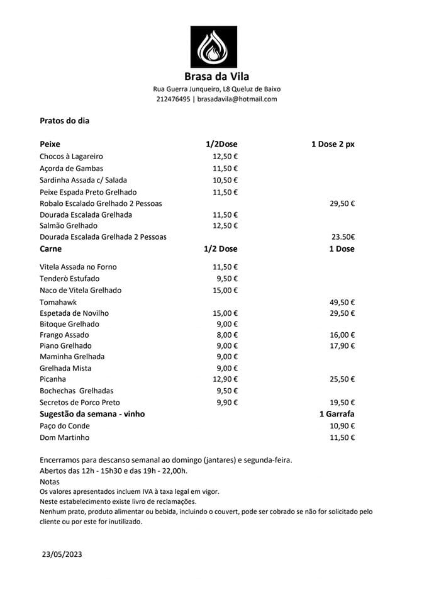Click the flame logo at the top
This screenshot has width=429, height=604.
click(x=214, y=47)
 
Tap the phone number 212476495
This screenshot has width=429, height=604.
click(x=173, y=99)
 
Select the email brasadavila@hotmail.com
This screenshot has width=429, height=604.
click(x=237, y=99)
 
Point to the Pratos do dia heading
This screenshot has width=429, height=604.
click(x=64, y=121)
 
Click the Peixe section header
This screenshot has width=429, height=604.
click(x=50, y=144)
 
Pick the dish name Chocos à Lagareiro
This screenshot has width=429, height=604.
click(x=71, y=156)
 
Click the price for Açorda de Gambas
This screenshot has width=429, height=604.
click(x=225, y=169)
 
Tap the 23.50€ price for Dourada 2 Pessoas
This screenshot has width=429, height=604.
click(x=343, y=237)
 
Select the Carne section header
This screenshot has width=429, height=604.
click(x=50, y=249)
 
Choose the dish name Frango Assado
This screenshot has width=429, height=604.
click(x=64, y=335)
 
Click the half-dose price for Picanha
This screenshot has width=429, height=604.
click(x=225, y=379)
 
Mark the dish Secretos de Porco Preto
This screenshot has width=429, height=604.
click(x=79, y=403)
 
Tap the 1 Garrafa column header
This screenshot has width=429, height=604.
click(x=337, y=414)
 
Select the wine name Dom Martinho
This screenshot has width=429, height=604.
click(x=64, y=437)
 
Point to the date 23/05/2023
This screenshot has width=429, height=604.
click(x=62, y=554)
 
